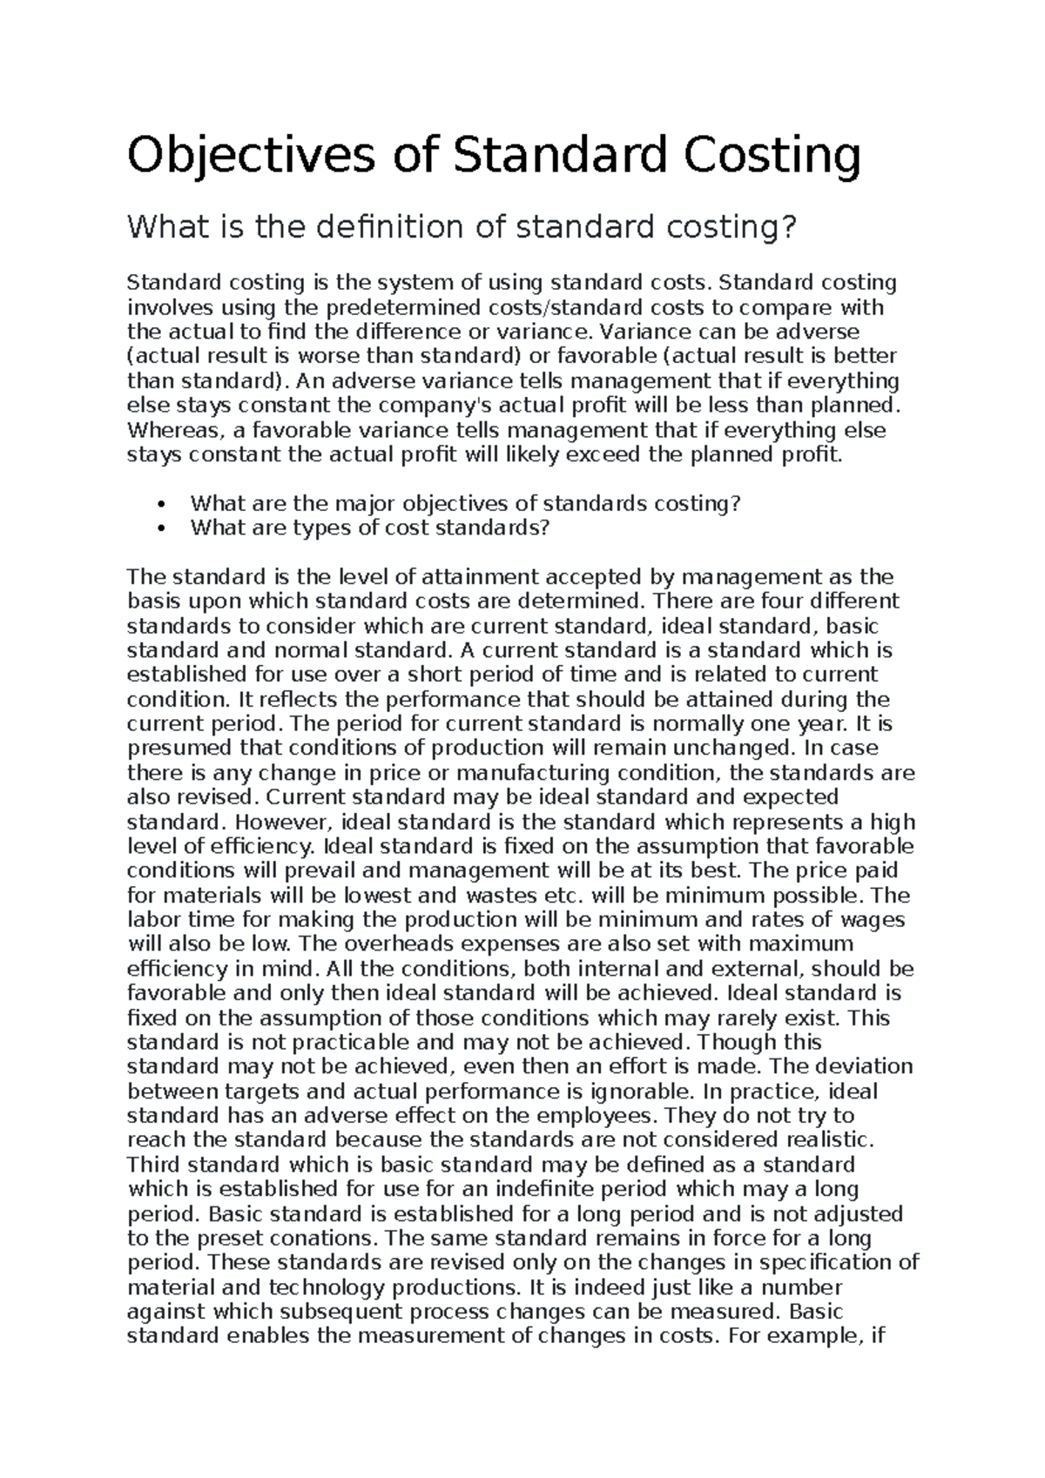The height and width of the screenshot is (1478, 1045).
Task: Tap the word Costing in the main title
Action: point(770,156)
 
